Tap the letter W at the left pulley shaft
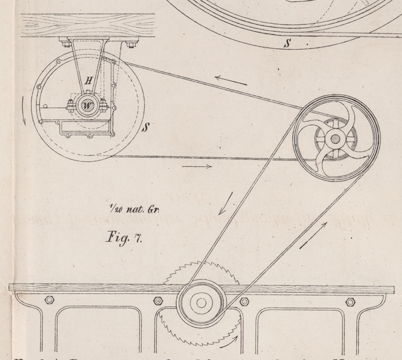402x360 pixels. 87,105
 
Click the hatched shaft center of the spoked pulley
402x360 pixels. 335,140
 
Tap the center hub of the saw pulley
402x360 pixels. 200,302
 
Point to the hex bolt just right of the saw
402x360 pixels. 244,301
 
